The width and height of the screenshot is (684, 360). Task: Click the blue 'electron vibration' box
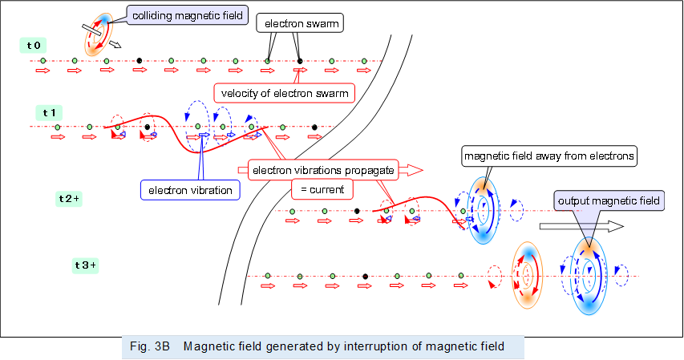(x=190, y=190)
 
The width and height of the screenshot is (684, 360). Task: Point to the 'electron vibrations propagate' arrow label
(x=322, y=170)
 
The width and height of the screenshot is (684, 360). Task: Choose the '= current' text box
(x=321, y=190)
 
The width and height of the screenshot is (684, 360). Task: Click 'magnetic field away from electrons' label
(x=549, y=156)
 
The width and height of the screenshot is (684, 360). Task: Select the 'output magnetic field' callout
(x=609, y=200)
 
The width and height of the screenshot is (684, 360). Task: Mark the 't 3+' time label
(x=86, y=265)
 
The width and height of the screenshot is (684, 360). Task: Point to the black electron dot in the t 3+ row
(x=365, y=276)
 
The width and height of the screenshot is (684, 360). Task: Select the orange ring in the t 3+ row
(x=528, y=275)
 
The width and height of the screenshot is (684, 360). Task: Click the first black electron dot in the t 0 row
(x=139, y=61)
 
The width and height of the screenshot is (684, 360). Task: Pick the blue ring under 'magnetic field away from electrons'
(x=484, y=211)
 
